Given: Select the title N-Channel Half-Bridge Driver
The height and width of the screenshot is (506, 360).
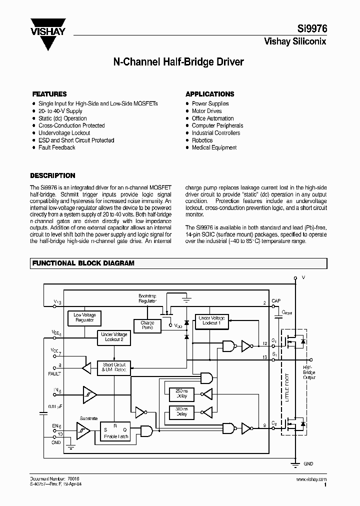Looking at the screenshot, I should (178, 62).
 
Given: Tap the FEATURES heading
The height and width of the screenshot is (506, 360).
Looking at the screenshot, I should (49, 94).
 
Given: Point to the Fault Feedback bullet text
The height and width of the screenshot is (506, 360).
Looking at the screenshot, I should (56, 147).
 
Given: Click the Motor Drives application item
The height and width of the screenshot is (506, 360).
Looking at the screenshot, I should (206, 111).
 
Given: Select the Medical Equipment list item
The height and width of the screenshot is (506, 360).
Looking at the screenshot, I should (214, 147).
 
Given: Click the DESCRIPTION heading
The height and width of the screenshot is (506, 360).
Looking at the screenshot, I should (52, 175).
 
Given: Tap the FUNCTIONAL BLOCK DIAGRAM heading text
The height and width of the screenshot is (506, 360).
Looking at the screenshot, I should (83, 263).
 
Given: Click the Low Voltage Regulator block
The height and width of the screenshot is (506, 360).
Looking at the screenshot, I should (84, 317).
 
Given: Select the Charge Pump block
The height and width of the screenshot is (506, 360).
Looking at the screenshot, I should (147, 325).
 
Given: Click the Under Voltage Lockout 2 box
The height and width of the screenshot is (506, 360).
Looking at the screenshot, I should (114, 337).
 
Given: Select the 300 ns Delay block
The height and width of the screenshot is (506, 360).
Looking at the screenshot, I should (181, 411).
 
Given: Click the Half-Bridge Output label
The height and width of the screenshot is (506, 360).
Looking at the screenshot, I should (309, 372).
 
